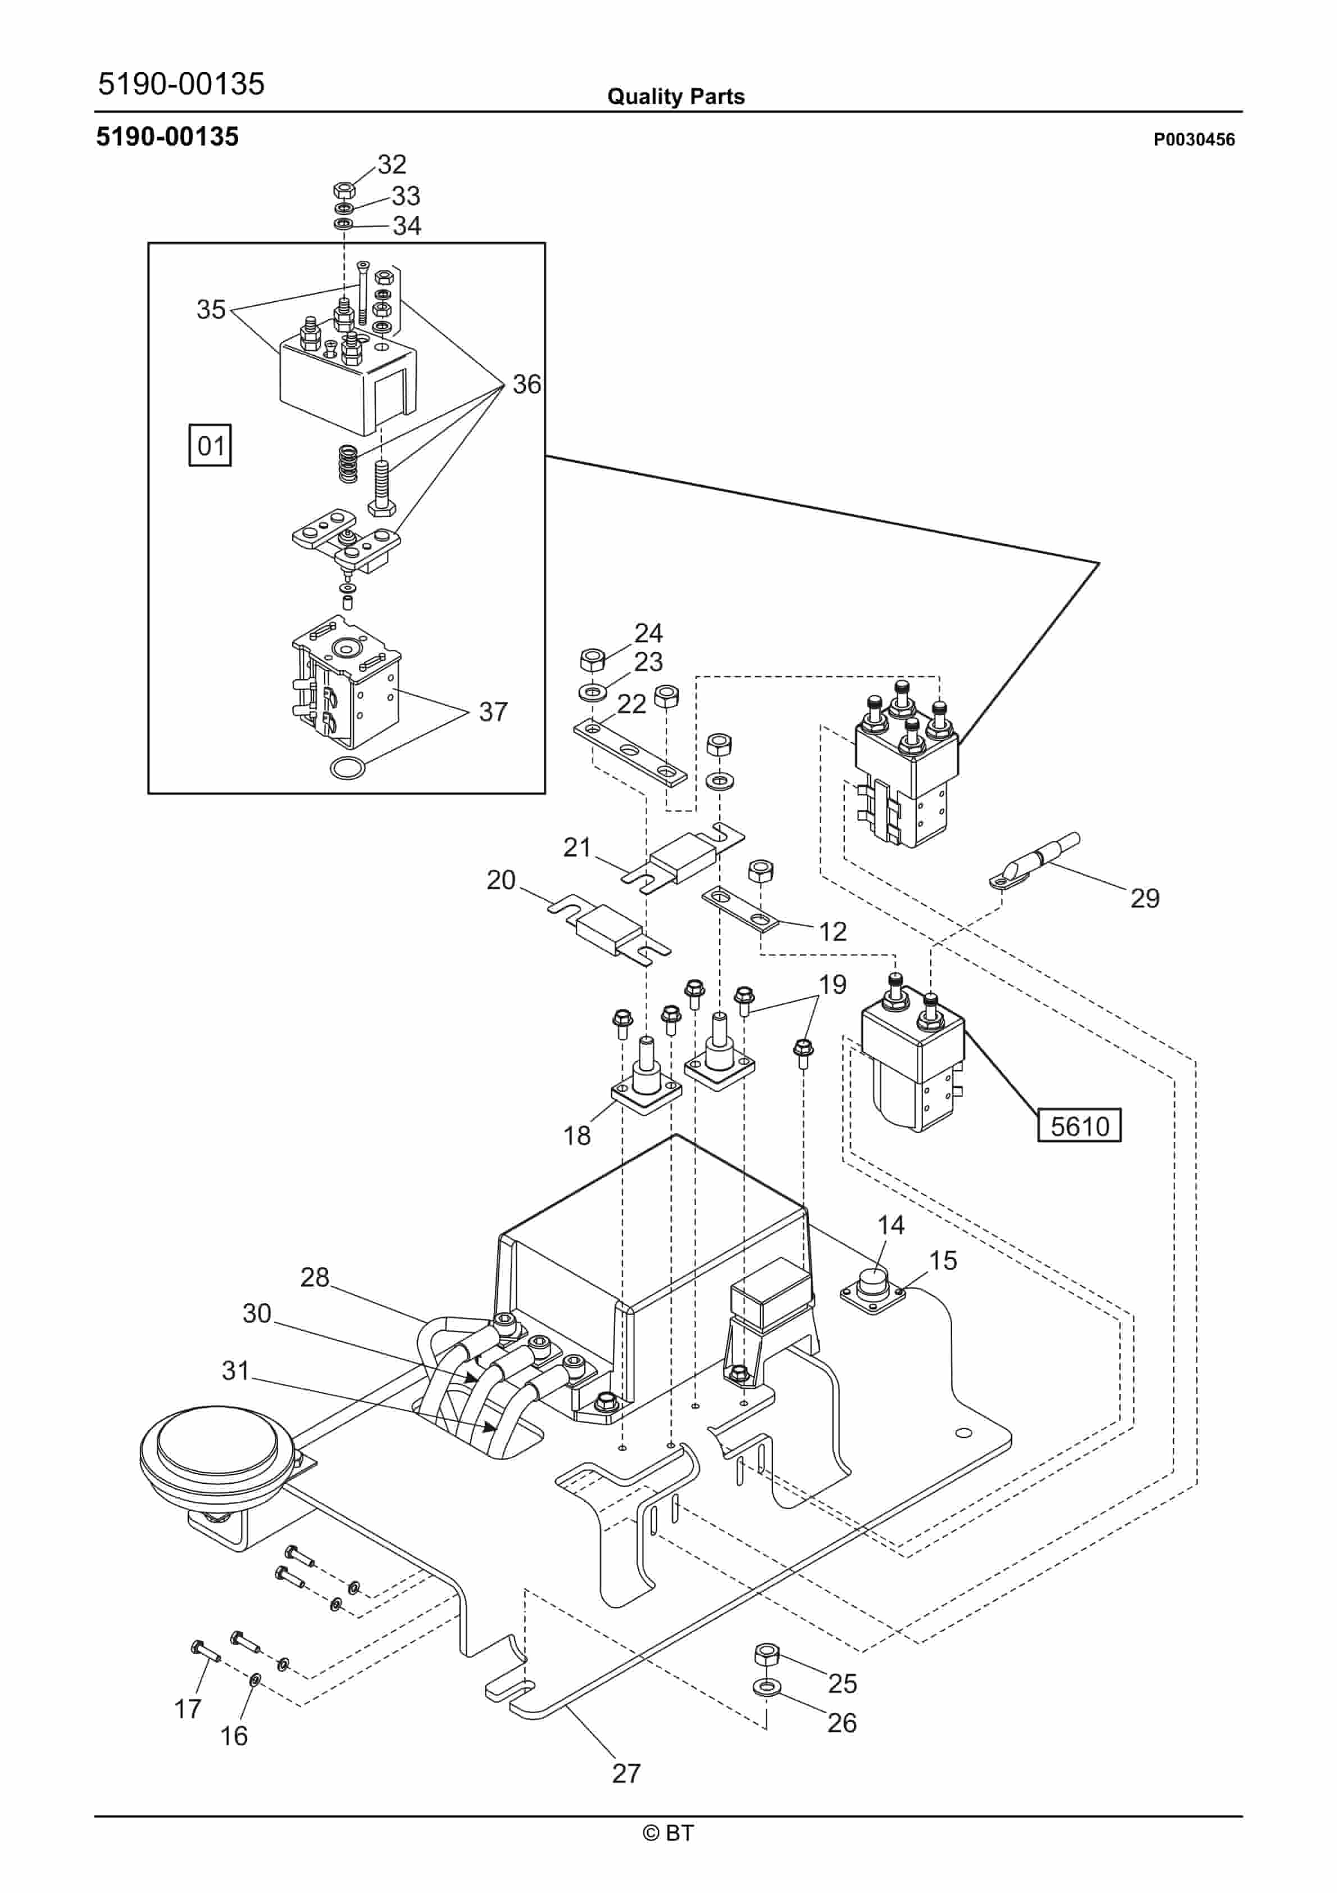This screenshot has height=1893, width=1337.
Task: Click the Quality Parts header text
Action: pyautogui.click(x=675, y=97)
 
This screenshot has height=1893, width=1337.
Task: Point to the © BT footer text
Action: pyautogui.click(x=668, y=1833)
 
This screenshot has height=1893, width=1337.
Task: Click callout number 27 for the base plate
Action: pyautogui.click(x=626, y=1773)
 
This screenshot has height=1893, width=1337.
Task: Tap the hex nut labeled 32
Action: pyautogui.click(x=344, y=189)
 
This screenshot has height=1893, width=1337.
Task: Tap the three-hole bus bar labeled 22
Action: pyautogui.click(x=629, y=752)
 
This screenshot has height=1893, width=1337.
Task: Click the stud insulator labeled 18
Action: pyautogui.click(x=646, y=1080)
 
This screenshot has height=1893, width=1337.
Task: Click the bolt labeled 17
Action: pyautogui.click(x=203, y=1651)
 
